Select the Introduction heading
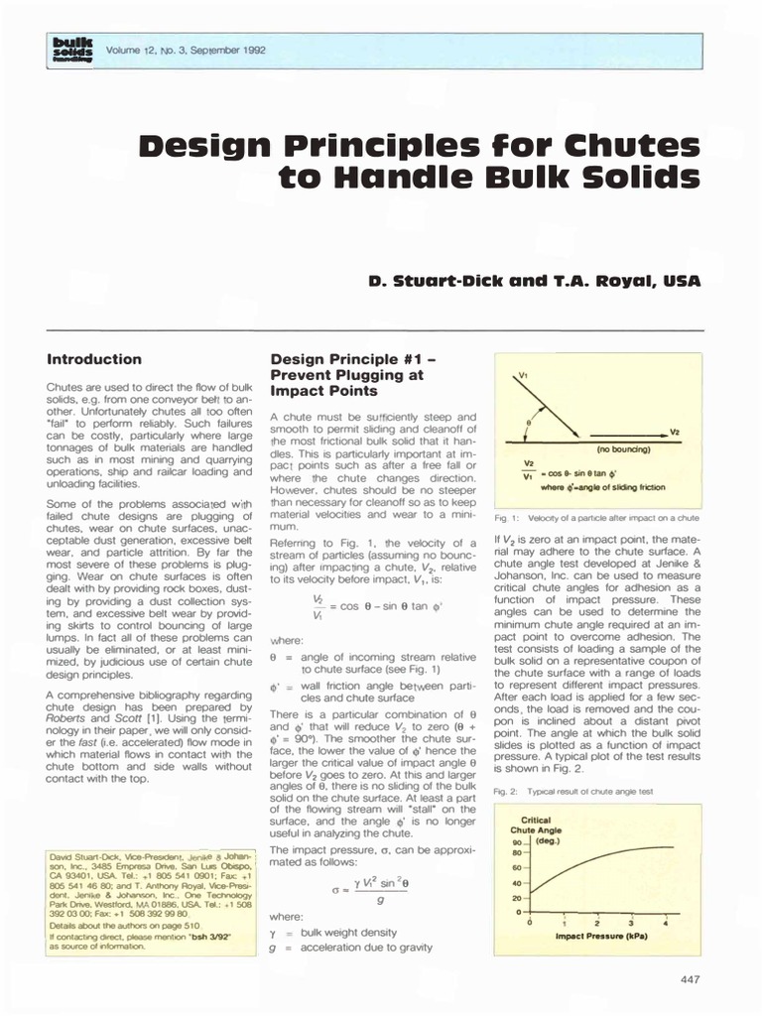(x=94, y=358)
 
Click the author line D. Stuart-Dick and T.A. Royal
(x=534, y=281)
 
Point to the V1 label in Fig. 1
(x=524, y=377)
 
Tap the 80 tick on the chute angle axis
(x=516, y=851)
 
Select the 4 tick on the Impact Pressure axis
(x=666, y=924)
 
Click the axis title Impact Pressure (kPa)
(x=597, y=936)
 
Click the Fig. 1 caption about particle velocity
(x=596, y=518)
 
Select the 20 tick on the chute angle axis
(x=516, y=897)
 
